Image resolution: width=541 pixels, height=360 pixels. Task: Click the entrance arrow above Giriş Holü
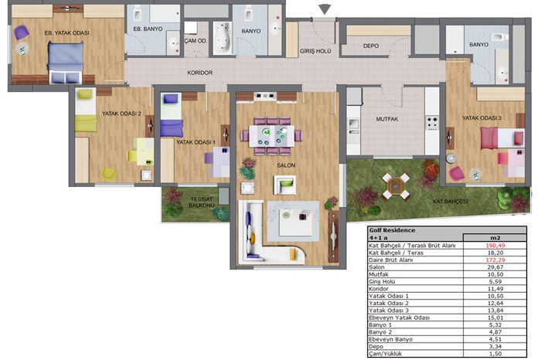tap(325, 9)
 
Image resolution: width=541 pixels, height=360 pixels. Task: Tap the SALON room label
tap(286, 165)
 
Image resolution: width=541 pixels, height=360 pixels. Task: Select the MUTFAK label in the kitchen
tap(386, 119)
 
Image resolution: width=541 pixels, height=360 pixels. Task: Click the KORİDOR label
tap(199, 73)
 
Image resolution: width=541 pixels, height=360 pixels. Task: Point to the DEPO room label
tap(370, 46)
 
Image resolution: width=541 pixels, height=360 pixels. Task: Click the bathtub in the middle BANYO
tap(223, 38)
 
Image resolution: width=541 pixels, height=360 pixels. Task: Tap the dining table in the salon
tap(272, 136)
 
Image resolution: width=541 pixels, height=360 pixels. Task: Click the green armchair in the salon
tap(285, 185)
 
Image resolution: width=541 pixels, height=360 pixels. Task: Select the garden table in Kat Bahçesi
tap(396, 186)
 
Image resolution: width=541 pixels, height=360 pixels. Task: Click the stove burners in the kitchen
tap(432, 123)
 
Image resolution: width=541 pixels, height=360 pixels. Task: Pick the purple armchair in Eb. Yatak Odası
tap(22, 32)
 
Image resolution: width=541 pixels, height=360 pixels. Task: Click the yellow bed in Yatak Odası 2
tap(86, 110)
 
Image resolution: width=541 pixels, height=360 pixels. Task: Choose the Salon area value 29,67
tap(495, 267)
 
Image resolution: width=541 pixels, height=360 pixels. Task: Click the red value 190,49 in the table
tap(495, 246)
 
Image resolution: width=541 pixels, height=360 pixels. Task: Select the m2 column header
tap(495, 238)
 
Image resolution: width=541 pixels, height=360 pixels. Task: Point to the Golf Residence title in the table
tap(392, 230)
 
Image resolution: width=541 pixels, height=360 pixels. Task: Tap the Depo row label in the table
tap(376, 347)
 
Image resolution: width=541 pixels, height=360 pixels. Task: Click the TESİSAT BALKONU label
tap(202, 202)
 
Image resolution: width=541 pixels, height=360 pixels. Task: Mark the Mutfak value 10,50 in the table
tap(495, 274)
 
